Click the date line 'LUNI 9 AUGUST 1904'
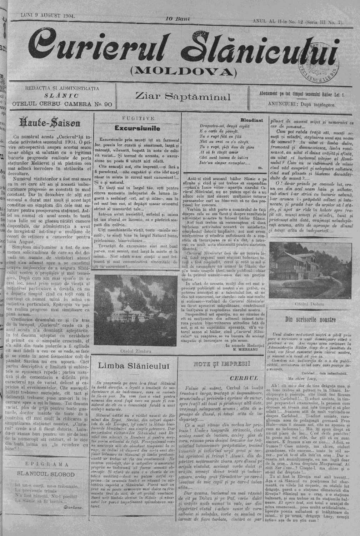tap(45, 16)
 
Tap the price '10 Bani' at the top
tap(177, 18)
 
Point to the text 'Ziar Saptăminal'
tap(183, 97)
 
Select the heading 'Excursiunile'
tap(137, 128)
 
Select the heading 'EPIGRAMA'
tap(47, 464)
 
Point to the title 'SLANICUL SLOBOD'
tap(46, 475)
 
